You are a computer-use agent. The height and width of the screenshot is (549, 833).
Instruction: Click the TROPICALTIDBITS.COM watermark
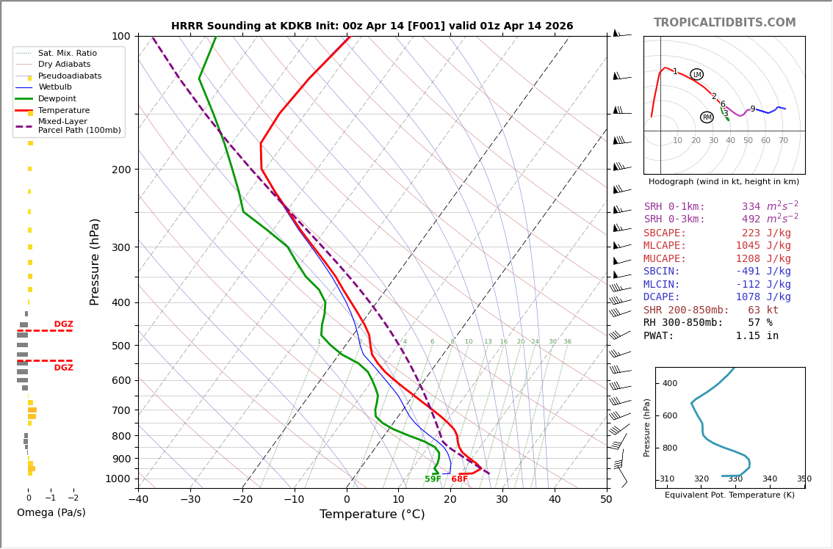coord(724,23)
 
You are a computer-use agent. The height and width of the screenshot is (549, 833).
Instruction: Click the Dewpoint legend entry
coord(57,99)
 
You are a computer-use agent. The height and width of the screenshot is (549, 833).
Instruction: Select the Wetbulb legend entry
coord(55,87)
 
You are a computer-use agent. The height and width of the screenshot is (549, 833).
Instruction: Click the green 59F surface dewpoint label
coord(433,479)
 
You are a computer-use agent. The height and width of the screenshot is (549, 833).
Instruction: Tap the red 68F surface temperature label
coord(459,479)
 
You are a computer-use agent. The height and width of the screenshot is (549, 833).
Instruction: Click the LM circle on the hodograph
coord(696,74)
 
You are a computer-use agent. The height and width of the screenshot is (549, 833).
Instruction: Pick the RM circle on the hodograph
coord(707,117)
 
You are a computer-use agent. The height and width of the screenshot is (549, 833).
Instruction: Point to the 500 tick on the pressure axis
coord(120,346)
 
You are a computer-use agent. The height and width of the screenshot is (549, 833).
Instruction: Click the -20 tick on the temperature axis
coord(242,501)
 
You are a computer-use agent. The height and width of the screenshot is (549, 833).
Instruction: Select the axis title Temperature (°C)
coord(372,515)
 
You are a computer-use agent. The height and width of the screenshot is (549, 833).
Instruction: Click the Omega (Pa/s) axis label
coord(51,512)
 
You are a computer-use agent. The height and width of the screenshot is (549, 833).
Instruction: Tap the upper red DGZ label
coord(63,324)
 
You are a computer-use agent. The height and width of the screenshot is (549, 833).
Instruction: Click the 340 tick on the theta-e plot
coord(769,479)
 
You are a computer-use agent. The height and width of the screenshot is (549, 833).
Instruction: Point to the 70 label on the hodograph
coord(783,141)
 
